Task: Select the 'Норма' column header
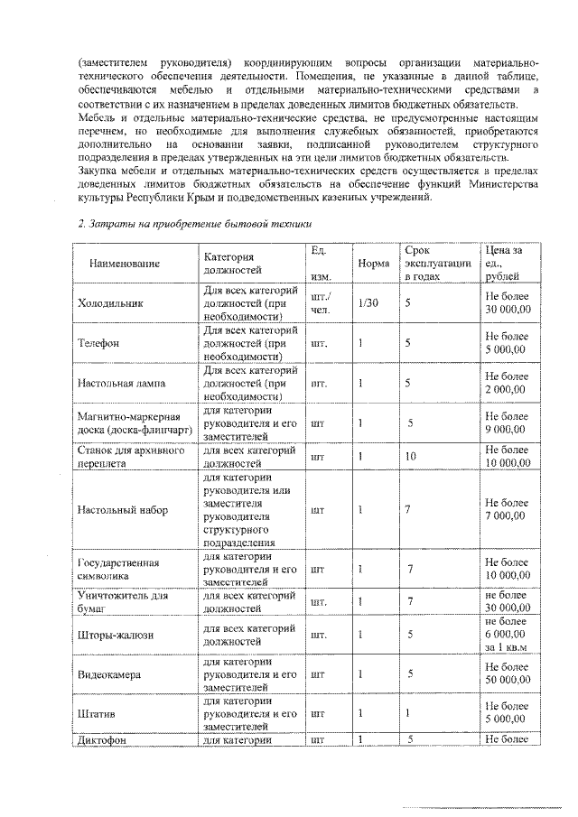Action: pyautogui.click(x=374, y=264)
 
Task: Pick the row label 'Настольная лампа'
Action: pyautogui.click(x=122, y=384)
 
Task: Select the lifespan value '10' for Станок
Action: pyautogui.click(x=410, y=457)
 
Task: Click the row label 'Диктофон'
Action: pyautogui.click(x=103, y=740)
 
